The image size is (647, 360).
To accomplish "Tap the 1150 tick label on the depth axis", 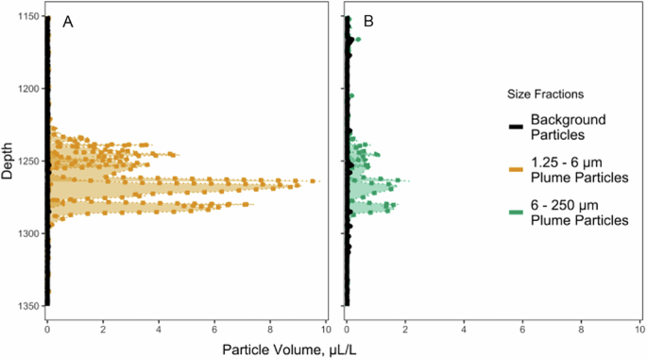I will point(26,17).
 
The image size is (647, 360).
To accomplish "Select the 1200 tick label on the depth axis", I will point(26,89).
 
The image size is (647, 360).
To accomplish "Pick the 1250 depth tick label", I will point(26,161).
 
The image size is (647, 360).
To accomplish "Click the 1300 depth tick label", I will point(26,233).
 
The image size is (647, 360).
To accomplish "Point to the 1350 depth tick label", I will point(26,305).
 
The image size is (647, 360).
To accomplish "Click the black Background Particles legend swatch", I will point(515,127).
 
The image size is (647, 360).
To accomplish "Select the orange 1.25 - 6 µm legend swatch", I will point(515,169).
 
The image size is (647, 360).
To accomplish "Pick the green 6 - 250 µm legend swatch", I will point(515,212).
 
